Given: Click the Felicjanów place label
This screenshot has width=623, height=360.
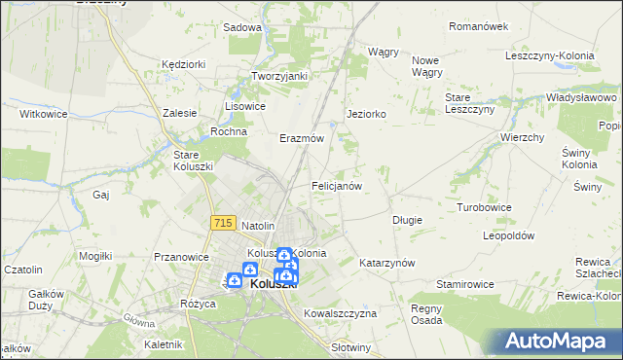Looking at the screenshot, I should [337, 185].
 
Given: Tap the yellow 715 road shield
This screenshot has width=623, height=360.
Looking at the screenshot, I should [221, 224].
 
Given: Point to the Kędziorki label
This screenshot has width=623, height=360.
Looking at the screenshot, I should [184, 63].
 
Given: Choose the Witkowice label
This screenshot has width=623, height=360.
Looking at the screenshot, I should [43, 113].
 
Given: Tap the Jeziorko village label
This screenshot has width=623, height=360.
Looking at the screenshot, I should [367, 114].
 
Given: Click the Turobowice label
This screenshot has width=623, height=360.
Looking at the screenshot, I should [485, 207].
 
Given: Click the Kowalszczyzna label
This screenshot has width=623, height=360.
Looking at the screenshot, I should [340, 314].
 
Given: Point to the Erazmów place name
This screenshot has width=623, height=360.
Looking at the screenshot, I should [301, 138].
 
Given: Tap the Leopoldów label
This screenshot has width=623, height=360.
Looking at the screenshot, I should [510, 235].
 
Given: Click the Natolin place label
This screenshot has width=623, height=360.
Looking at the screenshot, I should [260, 226].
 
